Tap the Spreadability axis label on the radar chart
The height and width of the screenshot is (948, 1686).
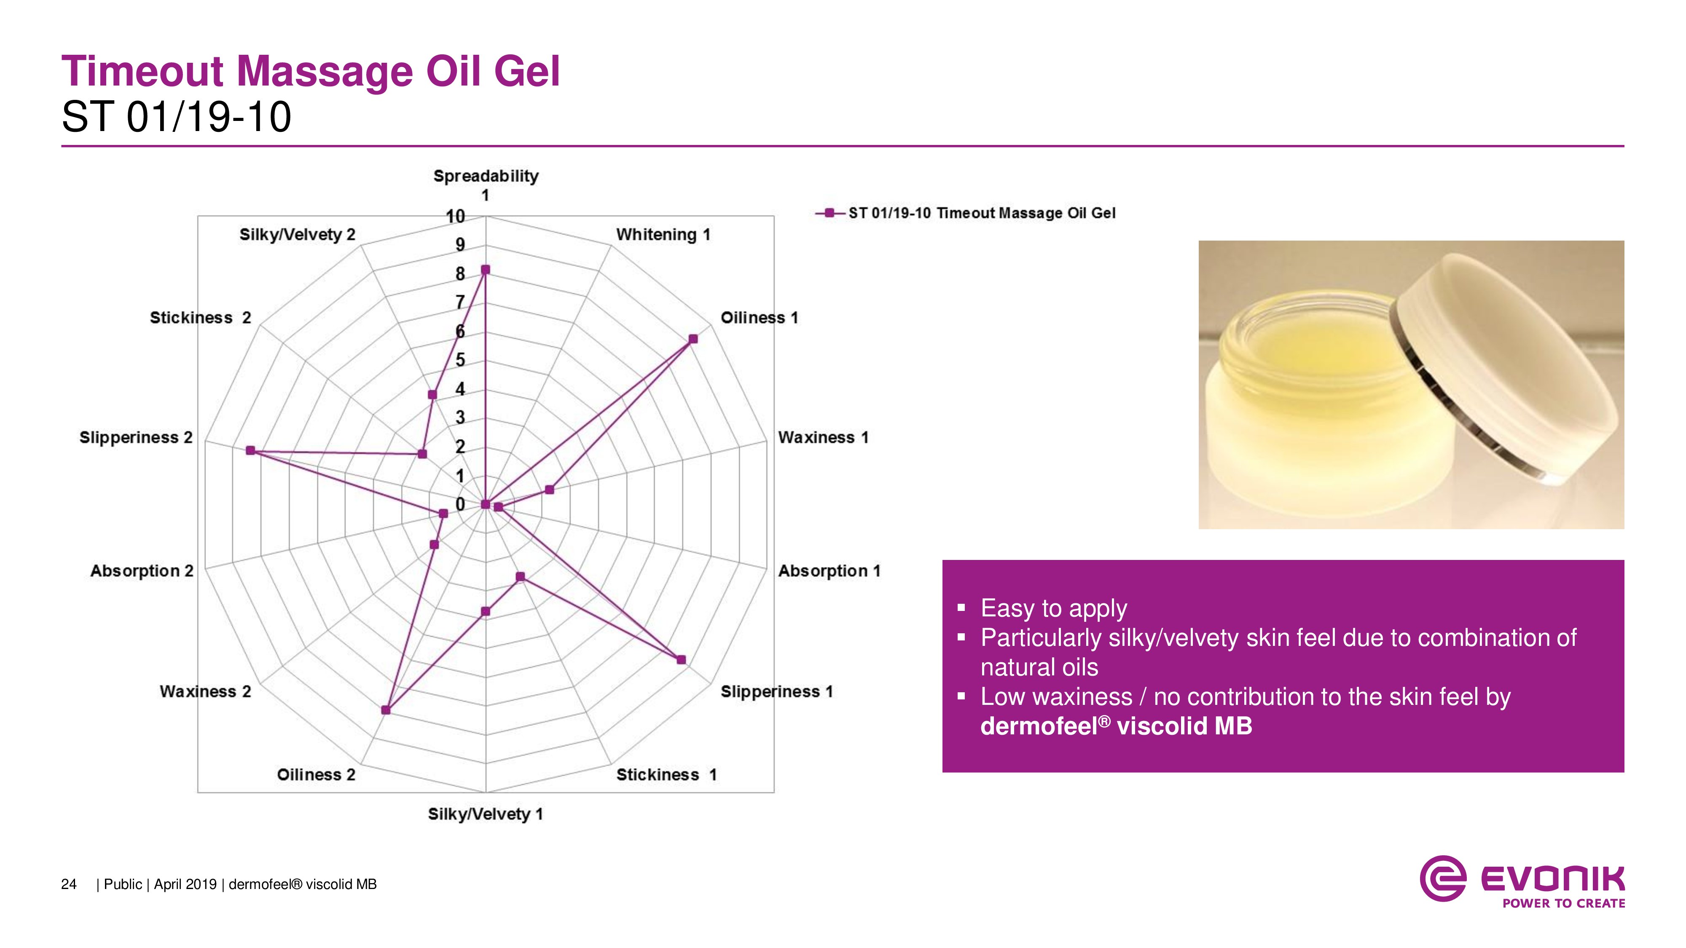[x=486, y=185]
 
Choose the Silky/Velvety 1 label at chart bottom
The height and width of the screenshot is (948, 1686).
[x=486, y=814]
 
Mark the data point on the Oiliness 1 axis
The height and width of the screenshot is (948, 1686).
[x=693, y=339]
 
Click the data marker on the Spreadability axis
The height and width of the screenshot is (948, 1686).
[x=486, y=270]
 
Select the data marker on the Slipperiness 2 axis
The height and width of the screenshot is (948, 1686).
[x=250, y=450]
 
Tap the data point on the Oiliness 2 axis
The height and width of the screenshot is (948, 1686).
[x=386, y=710]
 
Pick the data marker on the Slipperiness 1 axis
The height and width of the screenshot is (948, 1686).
[x=681, y=659]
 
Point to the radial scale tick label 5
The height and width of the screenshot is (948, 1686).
[x=460, y=360]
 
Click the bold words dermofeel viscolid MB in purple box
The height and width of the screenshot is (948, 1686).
[x=1116, y=726]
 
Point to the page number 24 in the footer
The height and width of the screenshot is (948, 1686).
[x=69, y=884]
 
